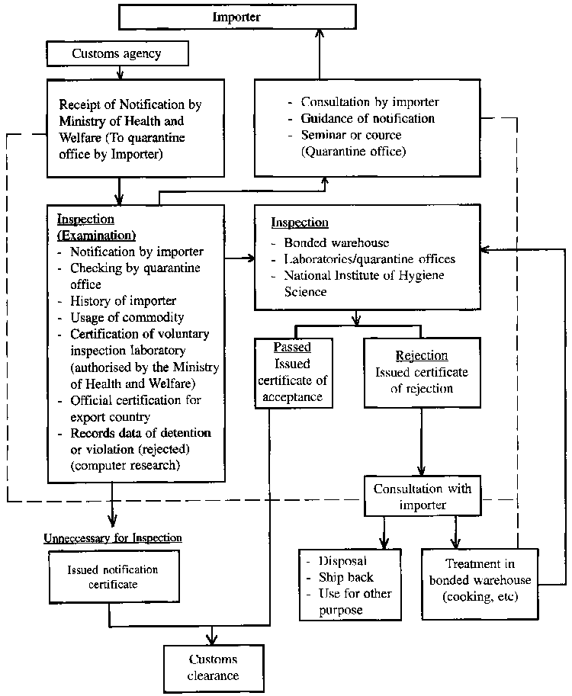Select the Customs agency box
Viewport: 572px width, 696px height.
(x=117, y=53)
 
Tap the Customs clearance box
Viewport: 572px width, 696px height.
(x=214, y=668)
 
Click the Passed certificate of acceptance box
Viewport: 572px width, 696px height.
(x=294, y=372)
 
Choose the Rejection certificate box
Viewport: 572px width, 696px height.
(x=422, y=372)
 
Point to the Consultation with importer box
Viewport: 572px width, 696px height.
(x=422, y=496)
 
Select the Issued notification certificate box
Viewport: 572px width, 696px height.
(x=113, y=577)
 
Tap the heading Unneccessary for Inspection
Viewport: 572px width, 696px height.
(x=113, y=537)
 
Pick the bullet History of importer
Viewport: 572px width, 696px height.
(x=123, y=300)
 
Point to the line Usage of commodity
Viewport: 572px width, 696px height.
(x=127, y=317)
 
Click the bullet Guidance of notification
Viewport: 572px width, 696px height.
(x=368, y=119)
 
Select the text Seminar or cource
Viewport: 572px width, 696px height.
(x=351, y=135)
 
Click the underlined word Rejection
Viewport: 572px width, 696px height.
(x=422, y=355)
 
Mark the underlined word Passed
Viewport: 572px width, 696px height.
(x=293, y=347)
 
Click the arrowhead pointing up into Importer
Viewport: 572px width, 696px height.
(x=321, y=42)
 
